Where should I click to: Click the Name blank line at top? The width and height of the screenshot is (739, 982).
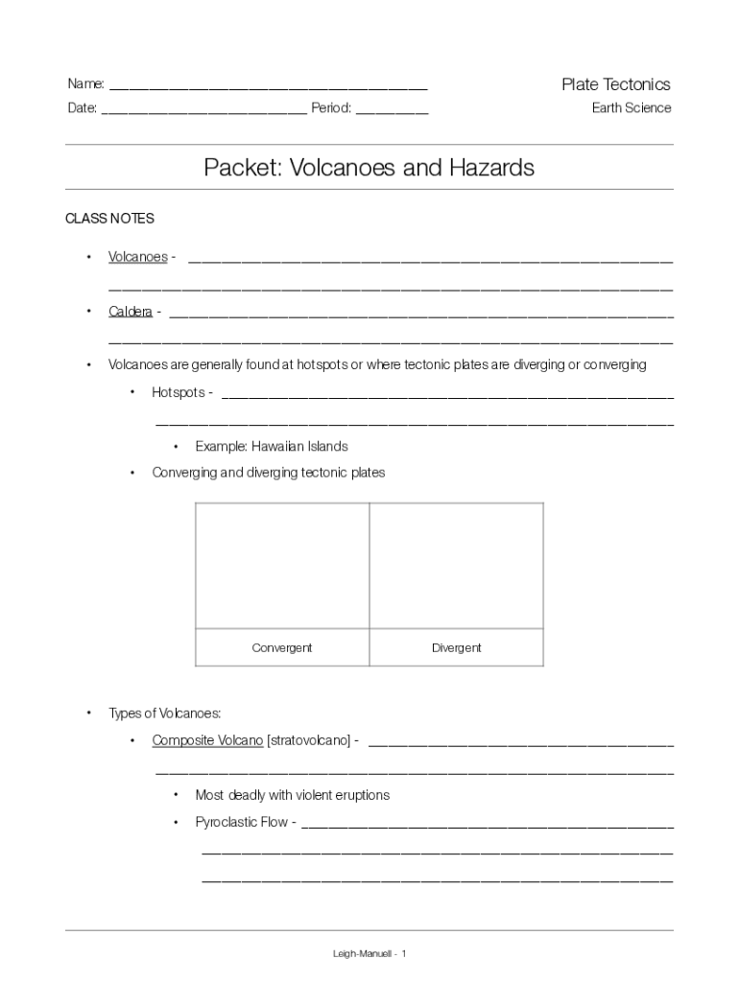click(268, 87)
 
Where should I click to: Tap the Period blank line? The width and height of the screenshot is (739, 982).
click(392, 111)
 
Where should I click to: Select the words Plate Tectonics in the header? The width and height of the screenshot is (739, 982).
click(615, 84)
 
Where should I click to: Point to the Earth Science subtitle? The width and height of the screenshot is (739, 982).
click(631, 107)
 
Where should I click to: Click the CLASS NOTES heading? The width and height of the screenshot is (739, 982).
click(109, 219)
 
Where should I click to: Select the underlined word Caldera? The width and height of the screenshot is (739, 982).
click(130, 312)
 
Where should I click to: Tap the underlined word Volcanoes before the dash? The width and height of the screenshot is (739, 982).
click(137, 257)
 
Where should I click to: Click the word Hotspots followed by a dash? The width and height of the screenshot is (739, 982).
click(179, 392)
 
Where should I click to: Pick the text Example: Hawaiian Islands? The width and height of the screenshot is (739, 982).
click(271, 446)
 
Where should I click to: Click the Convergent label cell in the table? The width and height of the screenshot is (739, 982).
click(282, 647)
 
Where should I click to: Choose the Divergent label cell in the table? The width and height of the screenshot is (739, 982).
click(456, 647)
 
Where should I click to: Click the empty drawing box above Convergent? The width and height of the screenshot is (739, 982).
click(282, 565)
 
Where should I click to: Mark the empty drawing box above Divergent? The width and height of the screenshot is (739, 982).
click(456, 565)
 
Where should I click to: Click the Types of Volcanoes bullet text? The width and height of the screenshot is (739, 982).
click(164, 713)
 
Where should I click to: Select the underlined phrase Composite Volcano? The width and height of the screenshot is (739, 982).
click(207, 741)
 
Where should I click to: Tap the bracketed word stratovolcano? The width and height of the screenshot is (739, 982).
click(309, 741)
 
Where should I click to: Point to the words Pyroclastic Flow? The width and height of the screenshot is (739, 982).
click(241, 822)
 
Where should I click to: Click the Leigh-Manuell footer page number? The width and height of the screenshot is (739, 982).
click(369, 953)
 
